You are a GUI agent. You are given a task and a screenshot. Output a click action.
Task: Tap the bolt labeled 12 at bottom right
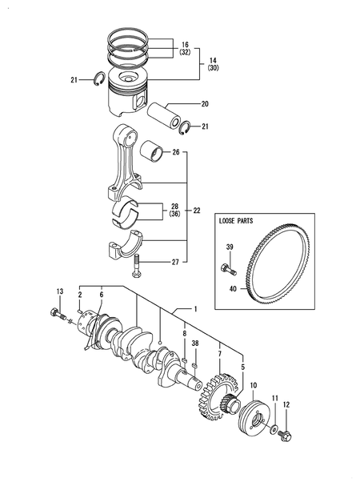[288, 436]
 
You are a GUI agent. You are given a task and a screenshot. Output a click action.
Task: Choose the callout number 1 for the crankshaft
[194, 308]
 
